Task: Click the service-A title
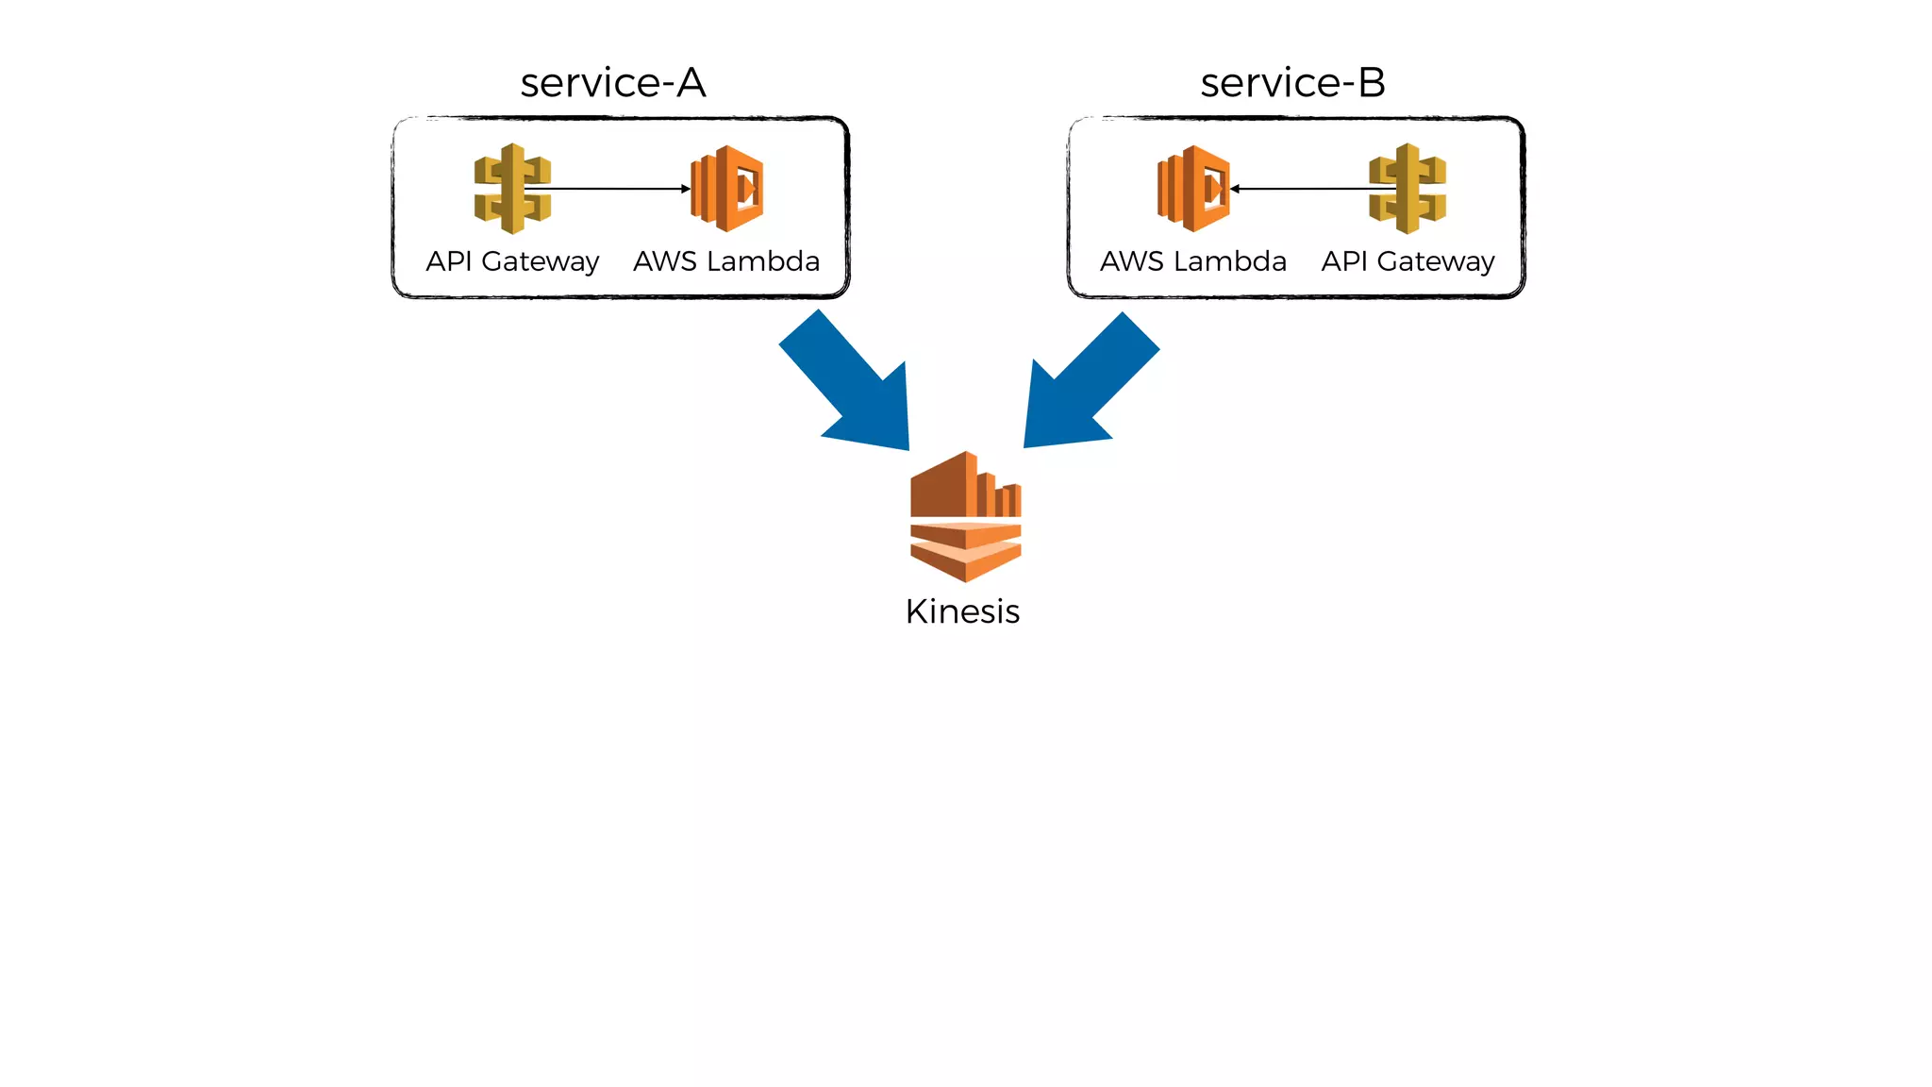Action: tap(613, 83)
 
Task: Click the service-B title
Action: tap(1292, 83)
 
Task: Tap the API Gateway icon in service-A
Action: tap(512, 189)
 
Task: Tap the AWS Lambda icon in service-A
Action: tap(727, 189)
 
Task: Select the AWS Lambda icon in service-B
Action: tap(1193, 189)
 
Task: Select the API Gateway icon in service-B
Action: tap(1407, 189)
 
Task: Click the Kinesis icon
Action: tap(965, 516)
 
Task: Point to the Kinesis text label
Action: tap(962, 611)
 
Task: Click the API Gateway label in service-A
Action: tap(512, 261)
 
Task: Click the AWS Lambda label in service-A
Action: tap(726, 261)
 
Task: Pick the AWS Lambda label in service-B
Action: tap(1193, 261)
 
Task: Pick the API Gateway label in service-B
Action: tap(1407, 261)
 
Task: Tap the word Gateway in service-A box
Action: tap(540, 261)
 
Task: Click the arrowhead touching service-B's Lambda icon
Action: tap(1235, 189)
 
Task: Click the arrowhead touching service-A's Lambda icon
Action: tap(686, 189)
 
